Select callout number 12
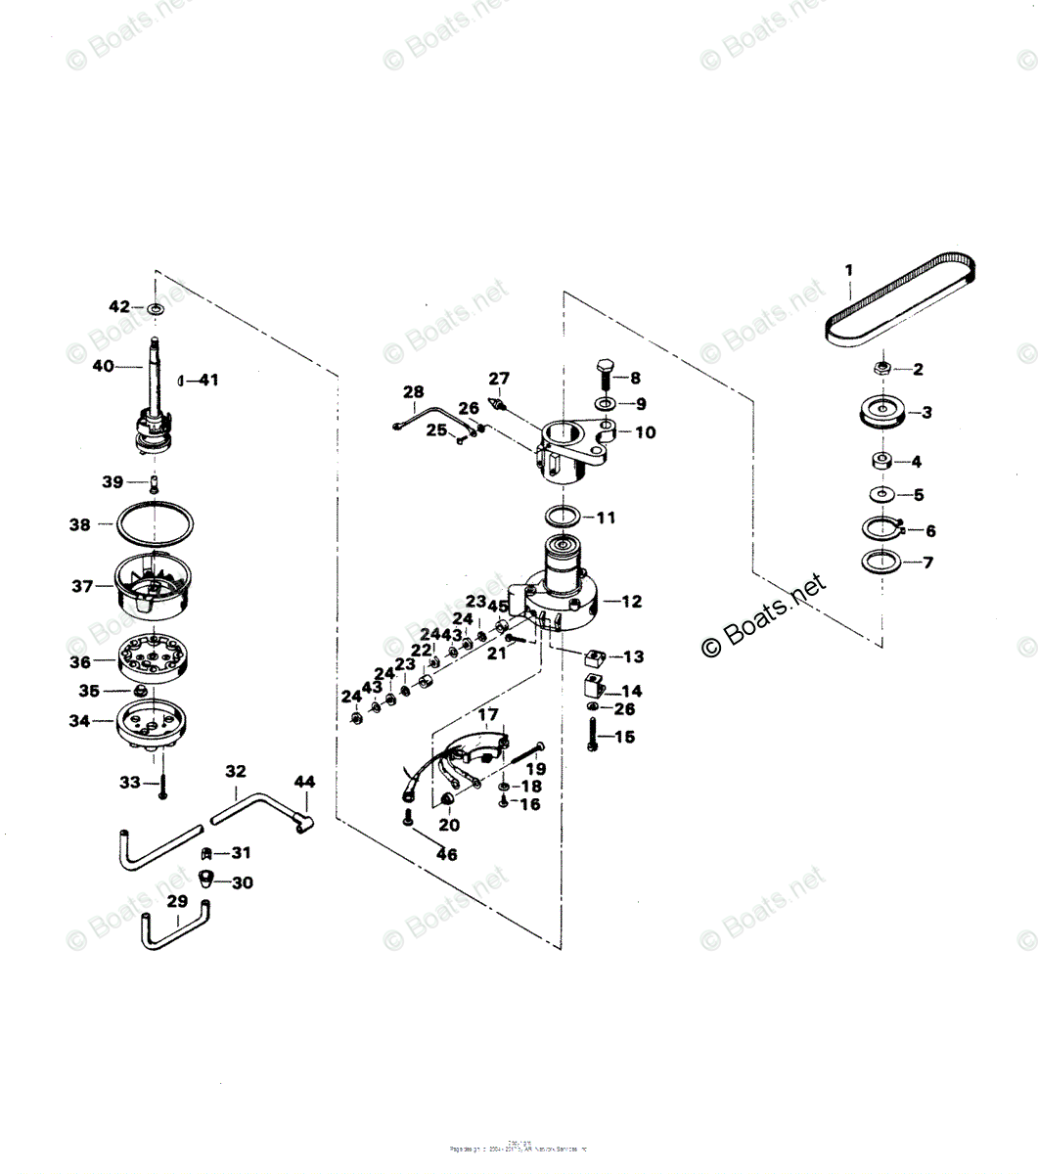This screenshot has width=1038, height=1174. pyautogui.click(x=632, y=602)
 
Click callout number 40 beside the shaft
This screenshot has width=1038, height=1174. pyautogui.click(x=103, y=366)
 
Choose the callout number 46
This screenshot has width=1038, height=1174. pyautogui.click(x=447, y=854)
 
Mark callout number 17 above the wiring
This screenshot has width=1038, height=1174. pyautogui.click(x=487, y=715)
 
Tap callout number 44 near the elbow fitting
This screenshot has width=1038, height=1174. pyautogui.click(x=304, y=782)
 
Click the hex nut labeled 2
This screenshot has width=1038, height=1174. pyautogui.click(x=880, y=369)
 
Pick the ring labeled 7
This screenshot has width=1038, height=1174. pyautogui.click(x=880, y=563)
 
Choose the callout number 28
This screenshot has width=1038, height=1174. pyautogui.click(x=413, y=393)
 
